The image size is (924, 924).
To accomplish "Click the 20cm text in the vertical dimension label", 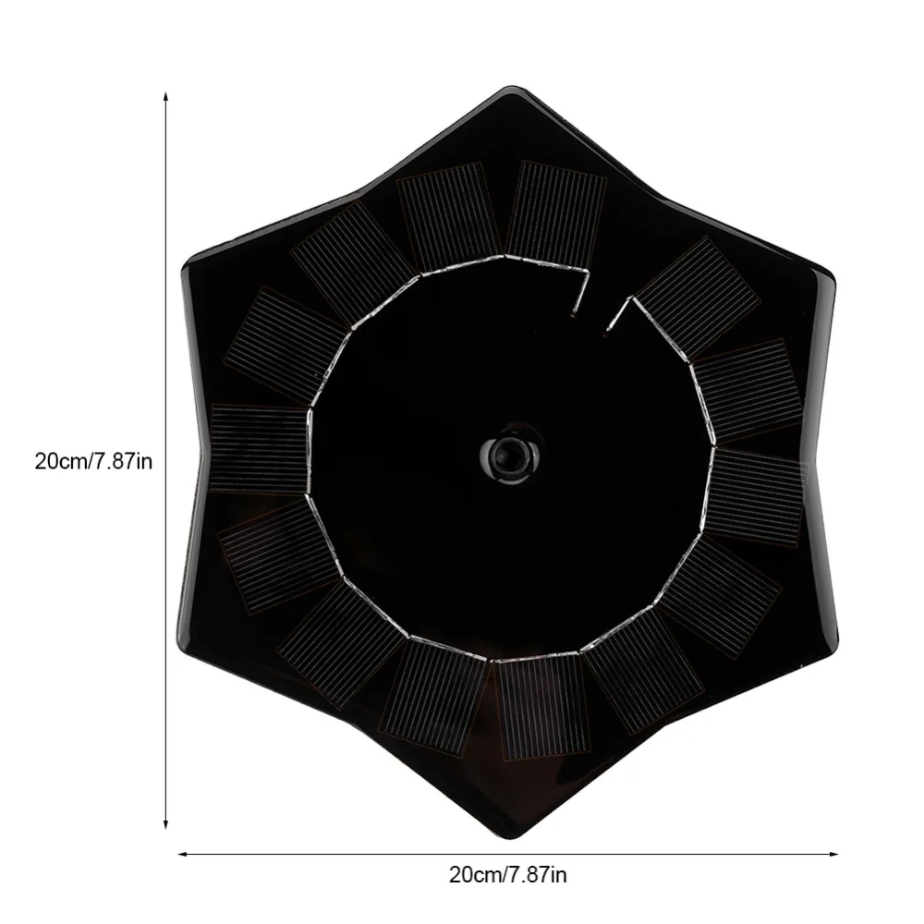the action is point(60,460).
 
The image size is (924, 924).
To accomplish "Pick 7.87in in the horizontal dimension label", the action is point(537,874).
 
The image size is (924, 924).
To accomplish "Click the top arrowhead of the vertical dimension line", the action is point(166,97).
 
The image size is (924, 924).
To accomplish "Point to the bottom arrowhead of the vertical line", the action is point(166,823).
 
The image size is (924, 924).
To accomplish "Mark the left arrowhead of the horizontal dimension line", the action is point(184,853).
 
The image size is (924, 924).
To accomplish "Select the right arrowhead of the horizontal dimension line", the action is point(833,853).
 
